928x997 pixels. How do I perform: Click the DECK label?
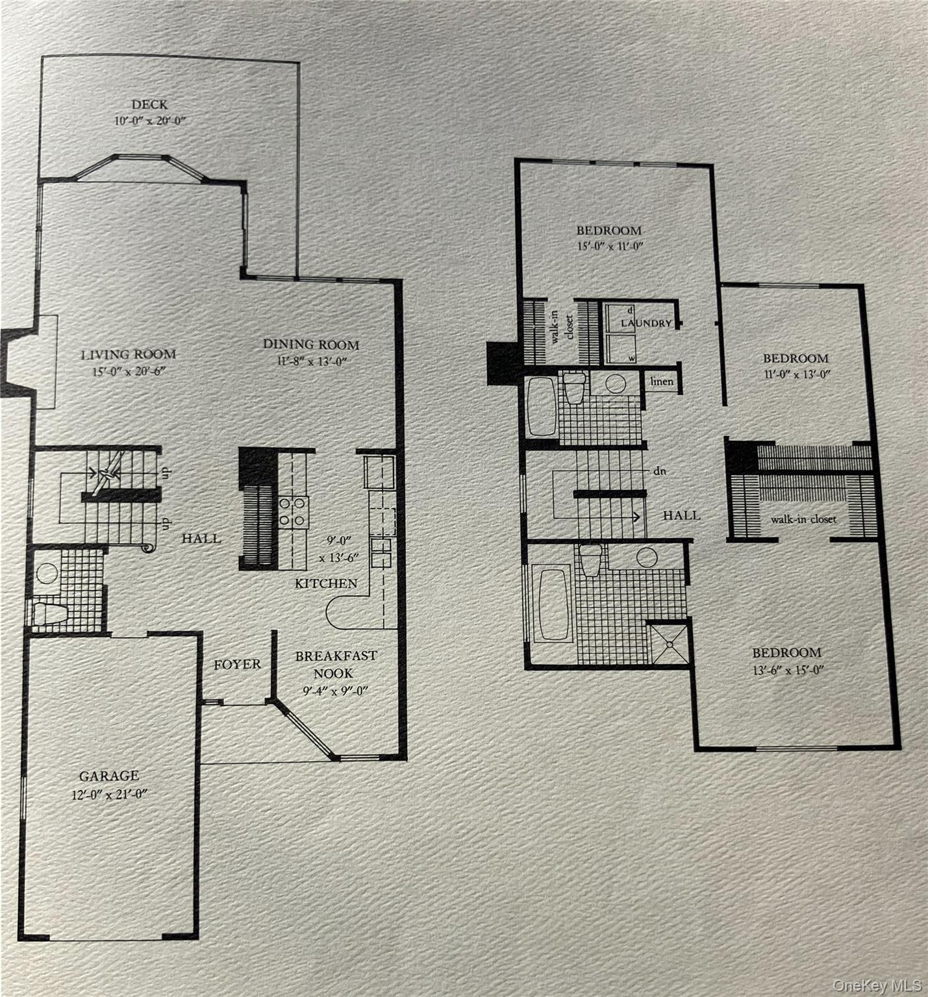point(149,105)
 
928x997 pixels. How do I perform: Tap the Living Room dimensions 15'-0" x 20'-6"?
point(129,372)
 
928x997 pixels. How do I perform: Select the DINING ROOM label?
point(310,345)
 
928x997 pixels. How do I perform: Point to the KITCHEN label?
point(326,584)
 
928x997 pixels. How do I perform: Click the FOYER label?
point(238,665)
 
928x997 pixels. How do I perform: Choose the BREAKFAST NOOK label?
point(336,665)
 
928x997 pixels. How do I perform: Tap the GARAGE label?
point(109,776)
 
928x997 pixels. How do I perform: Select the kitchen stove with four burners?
point(294,511)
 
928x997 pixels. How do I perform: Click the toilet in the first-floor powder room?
point(50,613)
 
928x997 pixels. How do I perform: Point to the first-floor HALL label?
point(201,538)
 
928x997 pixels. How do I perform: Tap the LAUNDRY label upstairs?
point(646,323)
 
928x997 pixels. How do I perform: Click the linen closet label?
point(662,382)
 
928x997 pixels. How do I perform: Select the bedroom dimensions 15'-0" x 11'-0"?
point(609,247)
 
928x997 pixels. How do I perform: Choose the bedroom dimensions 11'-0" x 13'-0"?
point(796,375)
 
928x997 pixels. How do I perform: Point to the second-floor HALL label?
point(681,515)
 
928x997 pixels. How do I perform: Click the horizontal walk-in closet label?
point(803,519)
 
